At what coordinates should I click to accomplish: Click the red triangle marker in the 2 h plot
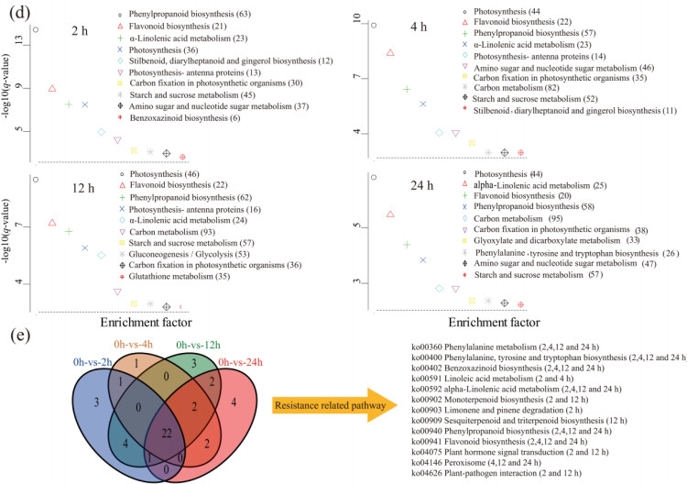click(x=52, y=88)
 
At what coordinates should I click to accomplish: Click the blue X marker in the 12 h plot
click(x=85, y=247)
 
